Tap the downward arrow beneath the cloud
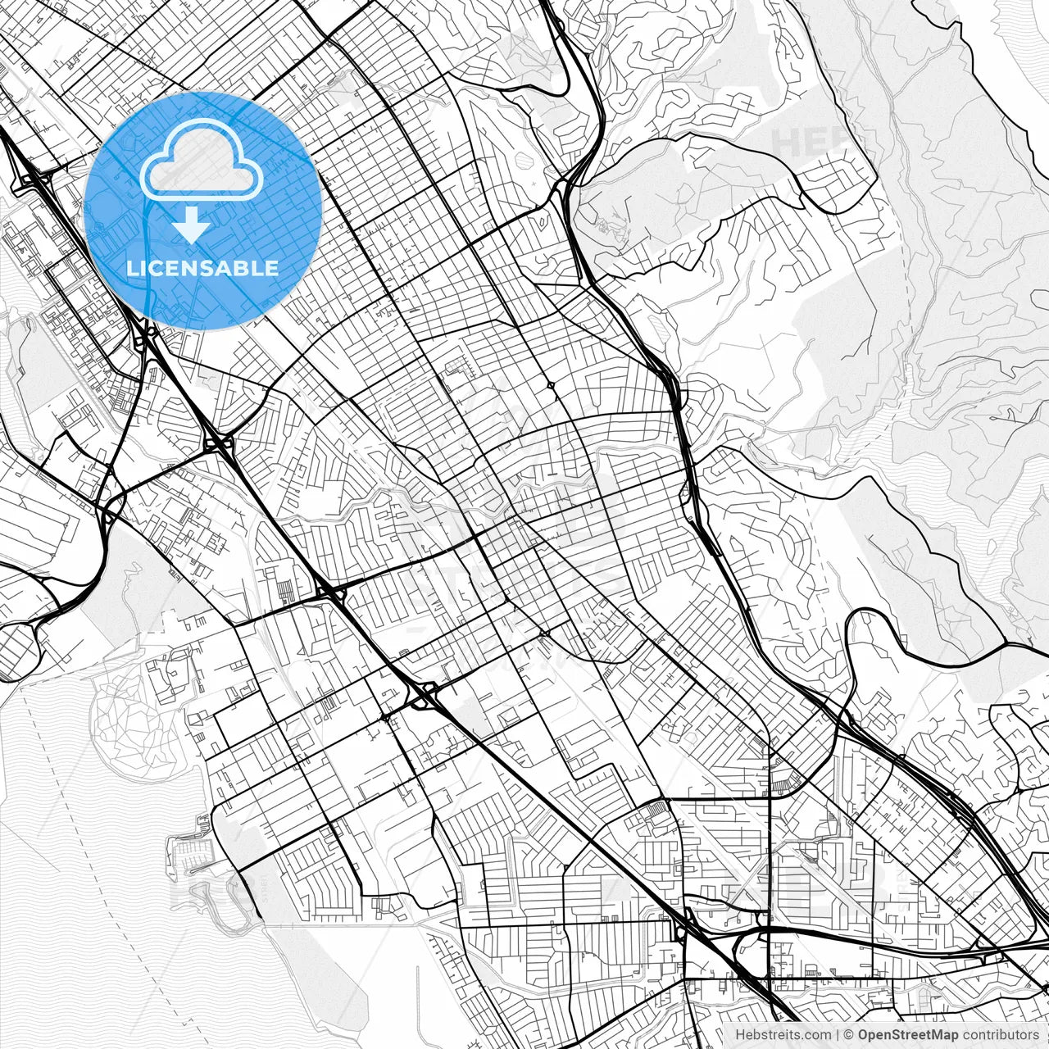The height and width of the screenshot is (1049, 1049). (191, 225)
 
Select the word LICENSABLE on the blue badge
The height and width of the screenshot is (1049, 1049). (202, 268)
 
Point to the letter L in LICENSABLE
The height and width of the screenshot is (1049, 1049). (131, 268)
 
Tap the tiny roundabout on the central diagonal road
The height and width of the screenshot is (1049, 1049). (551, 384)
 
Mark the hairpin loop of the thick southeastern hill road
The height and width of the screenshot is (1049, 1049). (852, 623)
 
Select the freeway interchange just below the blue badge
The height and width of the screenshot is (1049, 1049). (146, 336)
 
